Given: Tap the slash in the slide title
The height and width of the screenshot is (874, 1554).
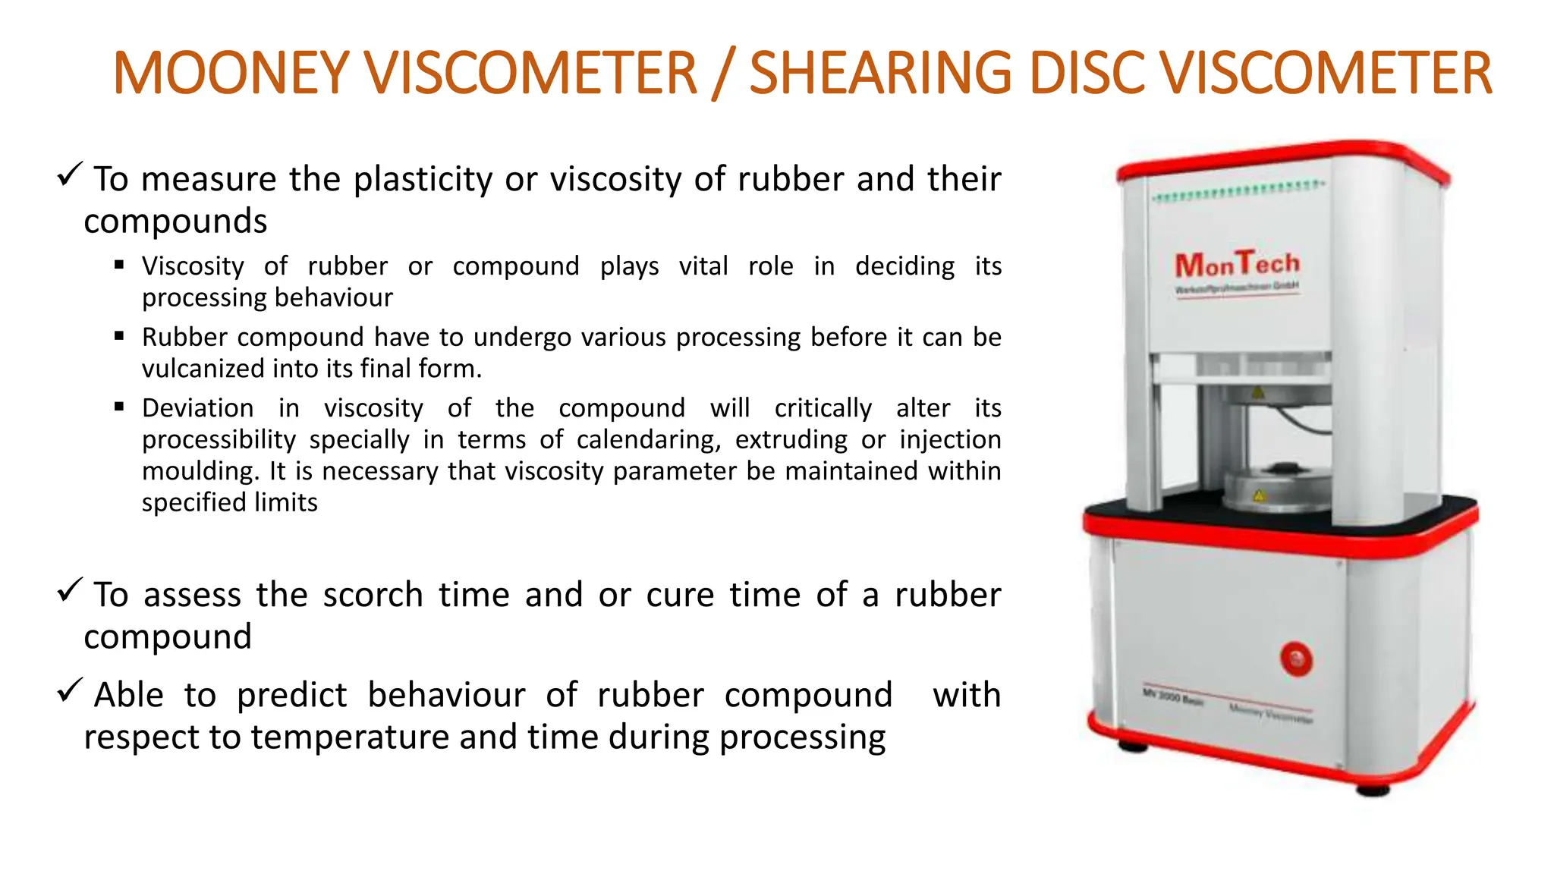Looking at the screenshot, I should click(x=722, y=74).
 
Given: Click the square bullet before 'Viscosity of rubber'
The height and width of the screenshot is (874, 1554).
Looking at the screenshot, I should click(x=119, y=265).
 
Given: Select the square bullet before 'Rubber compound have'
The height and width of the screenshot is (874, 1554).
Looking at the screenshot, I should click(x=119, y=336).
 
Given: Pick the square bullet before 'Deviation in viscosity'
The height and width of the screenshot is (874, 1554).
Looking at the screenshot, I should click(x=119, y=407).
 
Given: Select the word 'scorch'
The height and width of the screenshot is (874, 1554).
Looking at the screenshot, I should click(x=373, y=595).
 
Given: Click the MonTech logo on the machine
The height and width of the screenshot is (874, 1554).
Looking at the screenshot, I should click(x=1237, y=266).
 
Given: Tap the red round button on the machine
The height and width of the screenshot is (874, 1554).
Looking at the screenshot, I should click(x=1296, y=659).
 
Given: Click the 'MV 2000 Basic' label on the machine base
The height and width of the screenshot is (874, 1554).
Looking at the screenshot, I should click(x=1173, y=696).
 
